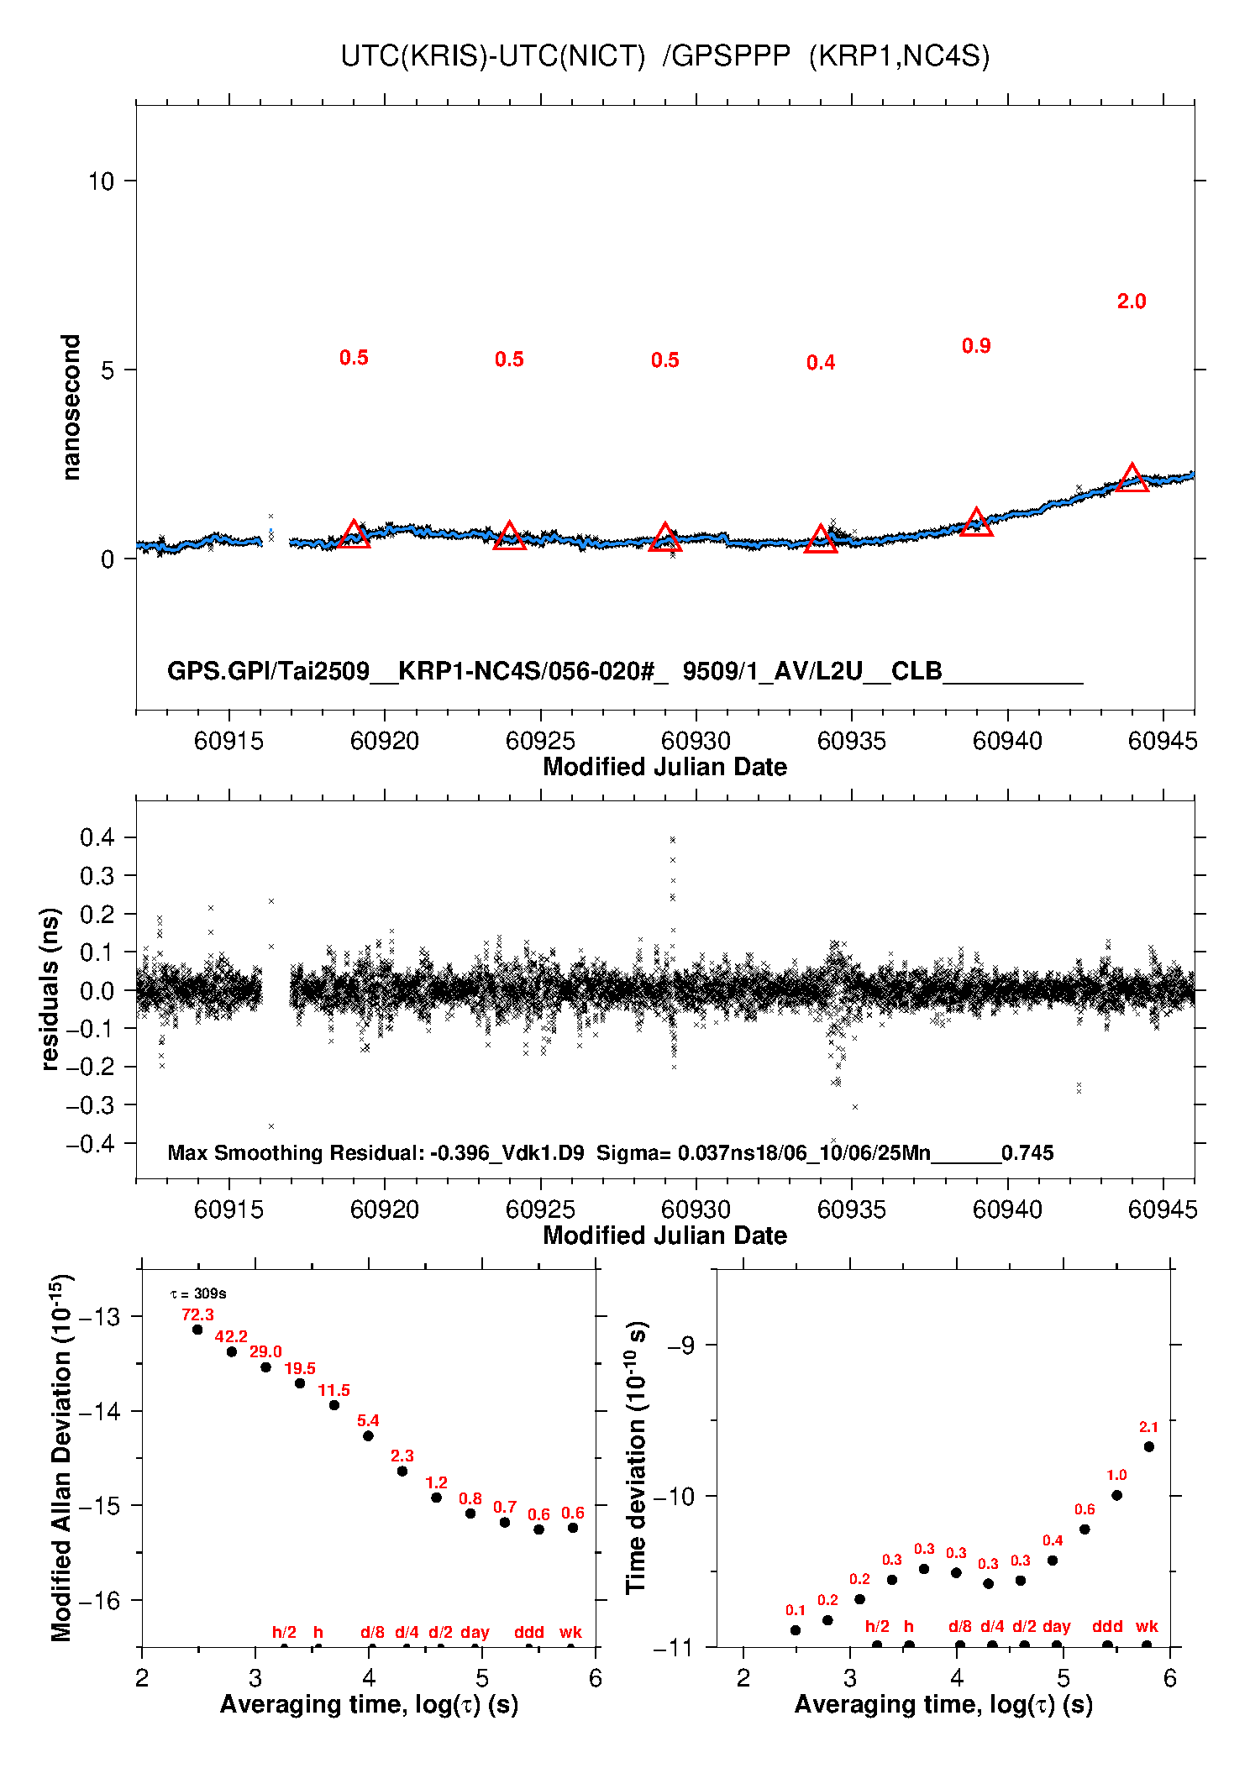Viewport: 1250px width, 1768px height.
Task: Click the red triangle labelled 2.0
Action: click(1132, 479)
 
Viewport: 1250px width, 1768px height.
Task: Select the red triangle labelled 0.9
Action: click(976, 523)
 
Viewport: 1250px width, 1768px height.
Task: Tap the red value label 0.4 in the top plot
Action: click(820, 363)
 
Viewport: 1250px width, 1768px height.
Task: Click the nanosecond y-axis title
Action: click(71, 407)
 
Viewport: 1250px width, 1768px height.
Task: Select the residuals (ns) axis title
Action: click(50, 989)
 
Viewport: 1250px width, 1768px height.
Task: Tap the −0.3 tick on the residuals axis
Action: click(92, 1105)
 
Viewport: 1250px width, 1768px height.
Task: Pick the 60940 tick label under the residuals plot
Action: click(1006, 1209)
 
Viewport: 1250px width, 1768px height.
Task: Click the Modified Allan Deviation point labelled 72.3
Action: click(197, 1330)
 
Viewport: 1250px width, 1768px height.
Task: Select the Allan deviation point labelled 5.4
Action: click(368, 1436)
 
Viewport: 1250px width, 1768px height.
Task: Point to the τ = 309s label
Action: click(198, 1294)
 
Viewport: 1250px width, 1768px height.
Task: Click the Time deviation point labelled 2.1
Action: click(1148, 1446)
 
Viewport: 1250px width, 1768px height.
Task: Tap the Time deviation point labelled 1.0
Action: click(1116, 1495)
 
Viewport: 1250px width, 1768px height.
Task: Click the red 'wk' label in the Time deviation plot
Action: click(1147, 1627)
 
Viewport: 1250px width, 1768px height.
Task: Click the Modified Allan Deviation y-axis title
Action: click(60, 1457)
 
